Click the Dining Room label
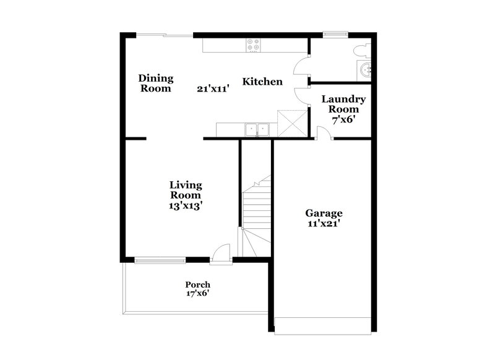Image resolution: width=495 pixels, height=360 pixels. [155, 83]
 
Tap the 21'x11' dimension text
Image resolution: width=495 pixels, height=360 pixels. [213, 88]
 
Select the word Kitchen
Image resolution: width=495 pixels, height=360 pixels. [262, 82]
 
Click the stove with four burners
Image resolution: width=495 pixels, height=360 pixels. [254, 45]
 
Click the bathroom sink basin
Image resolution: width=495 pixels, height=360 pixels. [367, 68]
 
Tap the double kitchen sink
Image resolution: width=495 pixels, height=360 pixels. [256, 129]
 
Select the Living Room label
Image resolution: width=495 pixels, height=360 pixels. [186, 190]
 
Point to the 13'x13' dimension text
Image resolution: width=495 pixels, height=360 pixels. [186, 207]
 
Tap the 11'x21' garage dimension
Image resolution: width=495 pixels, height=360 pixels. [324, 225]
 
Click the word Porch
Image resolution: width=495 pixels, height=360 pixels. [198, 285]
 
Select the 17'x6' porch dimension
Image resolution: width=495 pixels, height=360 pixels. [198, 294]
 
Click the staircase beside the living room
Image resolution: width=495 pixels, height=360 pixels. [256, 210]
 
